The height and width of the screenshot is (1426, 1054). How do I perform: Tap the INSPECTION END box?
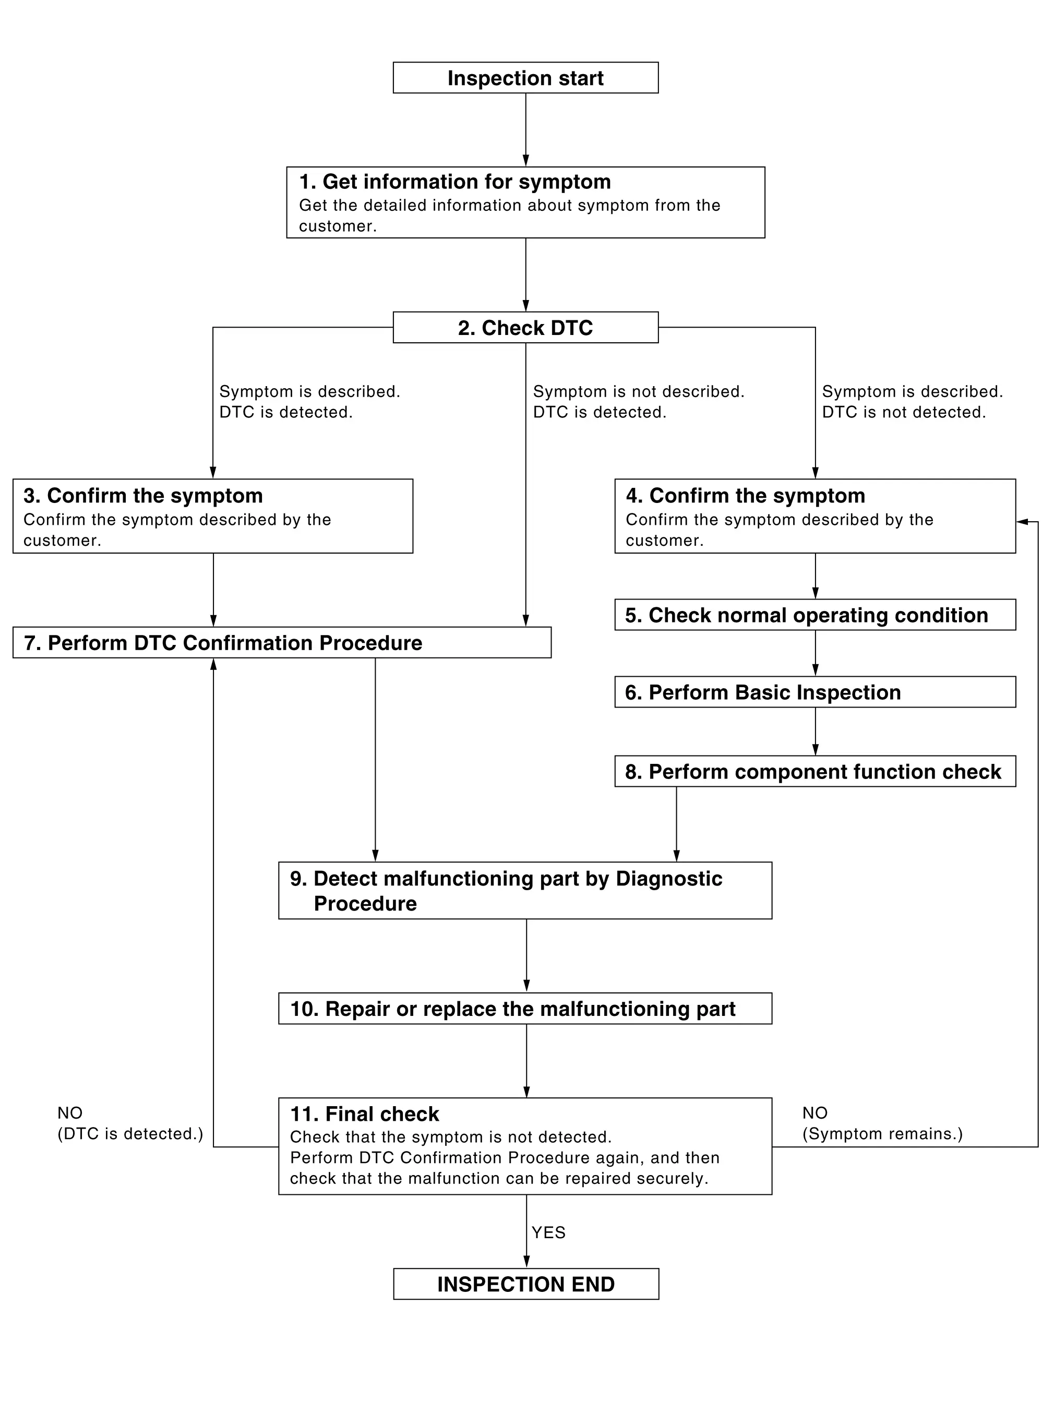(x=526, y=1284)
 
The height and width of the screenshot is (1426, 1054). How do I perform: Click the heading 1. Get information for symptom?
(x=455, y=182)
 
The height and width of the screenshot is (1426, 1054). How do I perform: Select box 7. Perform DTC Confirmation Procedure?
(x=281, y=642)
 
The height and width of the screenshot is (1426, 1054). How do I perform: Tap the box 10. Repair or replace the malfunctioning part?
(x=525, y=1008)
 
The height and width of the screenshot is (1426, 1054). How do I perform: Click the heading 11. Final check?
(x=364, y=1114)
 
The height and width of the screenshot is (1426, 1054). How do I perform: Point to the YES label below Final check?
(x=548, y=1232)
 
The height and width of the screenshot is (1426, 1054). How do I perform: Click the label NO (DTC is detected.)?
(x=130, y=1123)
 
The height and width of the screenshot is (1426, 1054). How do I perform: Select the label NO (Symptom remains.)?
(x=882, y=1123)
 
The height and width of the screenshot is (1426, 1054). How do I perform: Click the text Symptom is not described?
(x=639, y=392)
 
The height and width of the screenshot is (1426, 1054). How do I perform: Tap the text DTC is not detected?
(x=903, y=412)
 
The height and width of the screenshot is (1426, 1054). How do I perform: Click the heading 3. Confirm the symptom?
(x=143, y=496)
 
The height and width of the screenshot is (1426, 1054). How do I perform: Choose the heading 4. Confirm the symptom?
(x=745, y=496)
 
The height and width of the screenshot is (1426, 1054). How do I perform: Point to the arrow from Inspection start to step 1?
(x=526, y=130)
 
